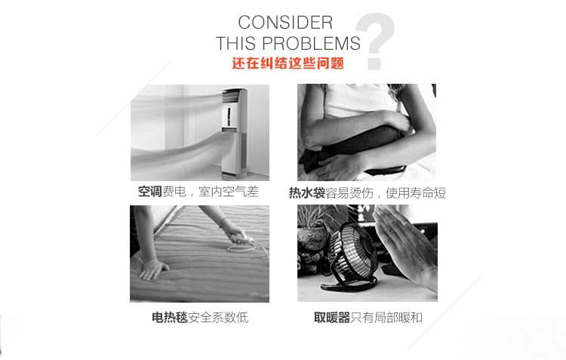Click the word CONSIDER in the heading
285,23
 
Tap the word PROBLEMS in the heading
311,43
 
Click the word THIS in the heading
237,43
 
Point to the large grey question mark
375,41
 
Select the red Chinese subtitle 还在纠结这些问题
288,63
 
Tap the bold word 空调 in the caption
150,192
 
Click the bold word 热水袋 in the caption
307,192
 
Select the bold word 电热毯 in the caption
170,318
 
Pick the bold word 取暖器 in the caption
332,318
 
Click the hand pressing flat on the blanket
153,269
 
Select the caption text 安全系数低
218,318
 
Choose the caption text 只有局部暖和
386,318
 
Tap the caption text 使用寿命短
416,192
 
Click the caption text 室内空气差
229,192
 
